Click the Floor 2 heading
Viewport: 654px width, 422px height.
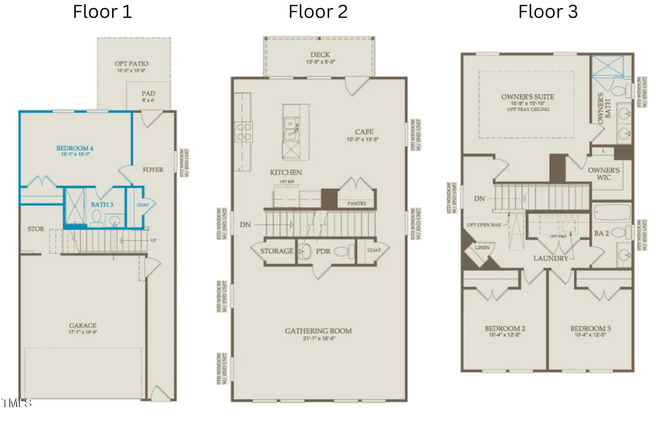point(318,12)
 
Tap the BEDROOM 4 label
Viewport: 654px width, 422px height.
point(75,148)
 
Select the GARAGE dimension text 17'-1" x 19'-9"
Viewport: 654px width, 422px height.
point(83,332)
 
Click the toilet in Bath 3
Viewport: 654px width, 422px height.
point(96,218)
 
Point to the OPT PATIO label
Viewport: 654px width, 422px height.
point(131,64)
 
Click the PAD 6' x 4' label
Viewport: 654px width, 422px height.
point(148,96)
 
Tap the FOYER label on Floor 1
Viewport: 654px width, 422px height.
point(153,170)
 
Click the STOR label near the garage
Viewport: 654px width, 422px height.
point(36,229)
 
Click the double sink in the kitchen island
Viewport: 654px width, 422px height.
point(290,129)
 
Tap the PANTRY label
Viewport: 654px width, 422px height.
point(357,203)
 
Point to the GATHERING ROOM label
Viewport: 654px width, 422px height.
point(318,331)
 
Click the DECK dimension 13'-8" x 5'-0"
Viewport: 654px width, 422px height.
point(320,62)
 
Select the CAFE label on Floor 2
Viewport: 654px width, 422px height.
point(364,132)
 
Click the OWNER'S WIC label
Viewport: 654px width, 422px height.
point(603,174)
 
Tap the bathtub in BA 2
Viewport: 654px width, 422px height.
point(611,212)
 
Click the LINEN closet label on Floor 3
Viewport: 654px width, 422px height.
point(482,248)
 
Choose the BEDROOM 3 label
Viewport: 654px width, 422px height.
point(590,329)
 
